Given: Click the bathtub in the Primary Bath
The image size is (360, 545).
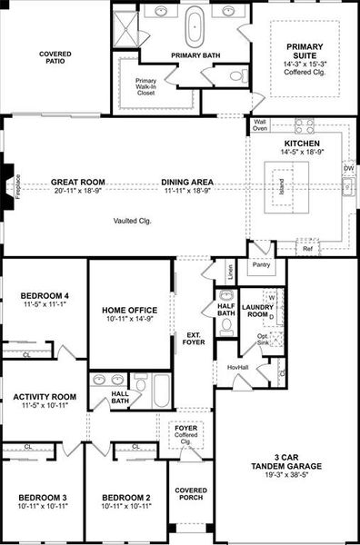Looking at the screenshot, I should pos(195,27).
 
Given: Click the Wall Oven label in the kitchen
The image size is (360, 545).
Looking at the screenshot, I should pos(260,125).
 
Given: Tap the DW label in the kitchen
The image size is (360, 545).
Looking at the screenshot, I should pos(348,169).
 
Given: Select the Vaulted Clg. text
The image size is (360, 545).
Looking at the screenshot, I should pos(133,221).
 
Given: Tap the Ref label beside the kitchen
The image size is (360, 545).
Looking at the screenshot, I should pos(307,248).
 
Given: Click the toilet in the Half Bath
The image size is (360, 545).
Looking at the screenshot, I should pos(225,297).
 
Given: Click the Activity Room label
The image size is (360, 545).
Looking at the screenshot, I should pos(44,397).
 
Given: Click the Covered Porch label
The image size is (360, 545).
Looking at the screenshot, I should pos(191,494).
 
